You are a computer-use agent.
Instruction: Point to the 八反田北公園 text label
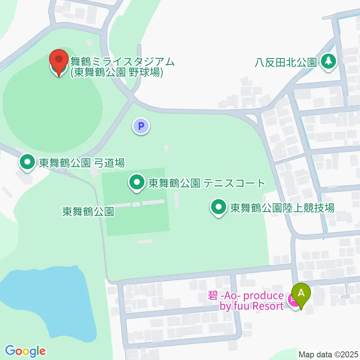(286, 62)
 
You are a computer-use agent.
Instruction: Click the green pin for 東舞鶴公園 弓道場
(27, 162)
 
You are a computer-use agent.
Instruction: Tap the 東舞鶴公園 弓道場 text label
(82, 163)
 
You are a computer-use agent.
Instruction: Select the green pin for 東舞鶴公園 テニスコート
(136, 183)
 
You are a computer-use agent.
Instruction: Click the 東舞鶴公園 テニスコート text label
(207, 183)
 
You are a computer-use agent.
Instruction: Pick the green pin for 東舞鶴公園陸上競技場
(218, 207)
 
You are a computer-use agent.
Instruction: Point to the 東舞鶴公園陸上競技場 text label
(282, 208)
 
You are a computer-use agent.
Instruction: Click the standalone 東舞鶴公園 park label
(88, 212)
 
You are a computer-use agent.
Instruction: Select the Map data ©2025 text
(328, 354)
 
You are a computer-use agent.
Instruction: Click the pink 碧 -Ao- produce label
(246, 296)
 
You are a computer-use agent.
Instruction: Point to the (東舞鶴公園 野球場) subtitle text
(117, 72)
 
